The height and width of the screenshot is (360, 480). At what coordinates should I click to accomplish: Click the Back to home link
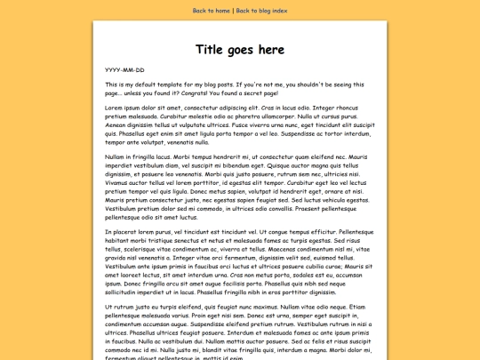[212, 11]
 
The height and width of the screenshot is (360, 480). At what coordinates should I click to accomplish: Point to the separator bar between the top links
[233, 11]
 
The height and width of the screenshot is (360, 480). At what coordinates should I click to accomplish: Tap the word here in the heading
[268, 49]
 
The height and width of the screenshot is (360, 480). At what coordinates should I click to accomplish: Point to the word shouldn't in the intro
[316, 84]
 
